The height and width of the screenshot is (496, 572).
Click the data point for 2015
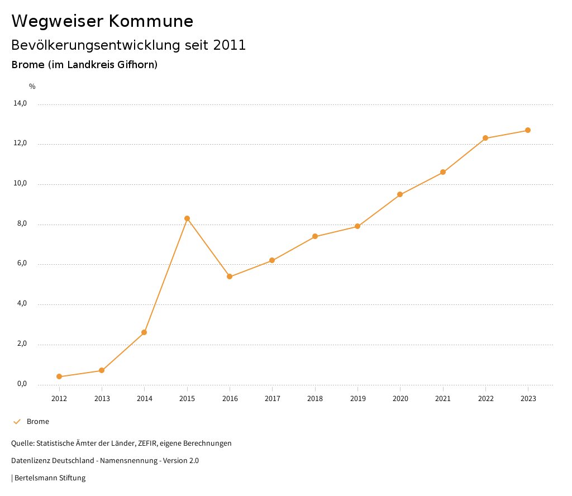187,218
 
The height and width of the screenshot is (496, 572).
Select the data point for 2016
230,276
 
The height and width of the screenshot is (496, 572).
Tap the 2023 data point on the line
528,130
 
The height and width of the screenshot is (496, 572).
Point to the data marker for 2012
59,376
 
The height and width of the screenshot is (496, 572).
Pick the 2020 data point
400,194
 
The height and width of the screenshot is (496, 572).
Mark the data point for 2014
144,332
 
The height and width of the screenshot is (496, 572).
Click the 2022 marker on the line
485,138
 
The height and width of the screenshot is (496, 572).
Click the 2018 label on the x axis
315,399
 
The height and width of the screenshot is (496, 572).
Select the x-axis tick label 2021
443,399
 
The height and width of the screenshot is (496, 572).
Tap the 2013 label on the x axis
102,399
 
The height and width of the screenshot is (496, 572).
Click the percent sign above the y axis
32,87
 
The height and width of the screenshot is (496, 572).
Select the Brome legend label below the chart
38,422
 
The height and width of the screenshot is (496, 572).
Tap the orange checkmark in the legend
17,422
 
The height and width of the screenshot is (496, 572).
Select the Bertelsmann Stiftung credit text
50,478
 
